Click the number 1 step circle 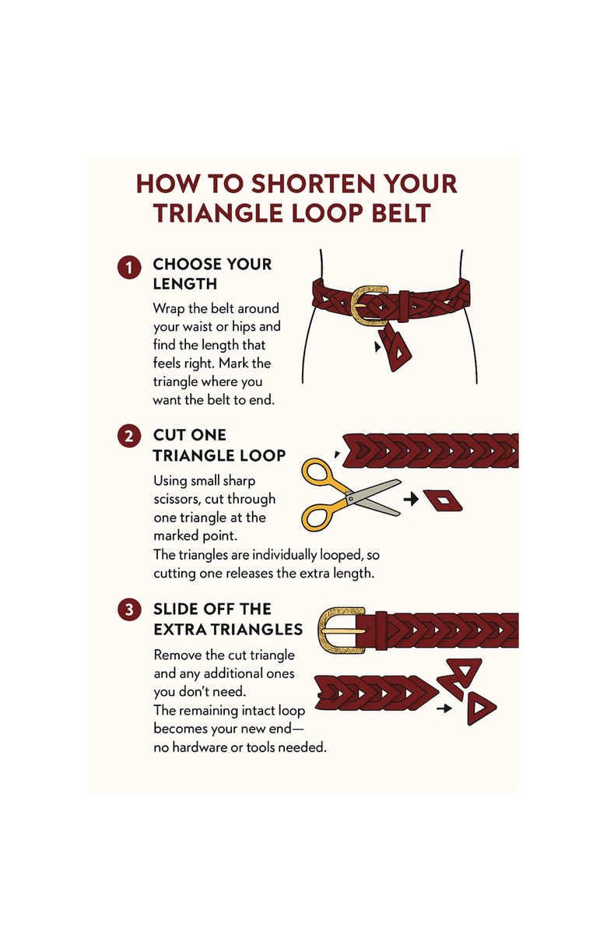coord(128,268)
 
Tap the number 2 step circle coord(128,437)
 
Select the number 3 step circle coord(128,610)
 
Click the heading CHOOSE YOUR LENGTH coord(212,274)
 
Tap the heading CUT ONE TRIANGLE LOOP coord(219,445)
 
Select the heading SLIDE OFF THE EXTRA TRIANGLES coord(228,620)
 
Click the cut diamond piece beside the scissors coord(442,501)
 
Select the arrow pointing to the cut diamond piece coord(411,499)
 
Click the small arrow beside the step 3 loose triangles coord(444,708)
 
